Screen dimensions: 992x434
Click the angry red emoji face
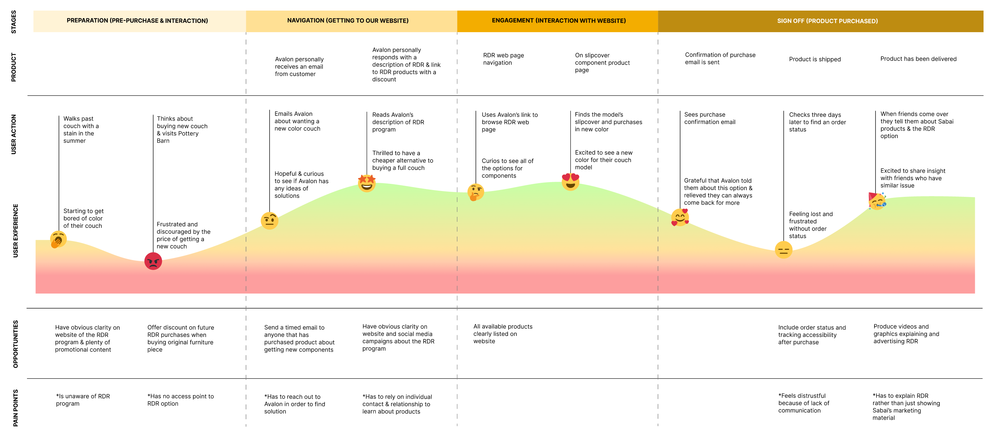(153, 261)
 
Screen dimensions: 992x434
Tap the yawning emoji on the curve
(58, 240)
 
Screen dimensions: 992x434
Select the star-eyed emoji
(367, 183)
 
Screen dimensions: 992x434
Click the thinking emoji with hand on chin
(476, 192)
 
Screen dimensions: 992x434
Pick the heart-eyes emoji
(570, 182)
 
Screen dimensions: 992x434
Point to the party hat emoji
(877, 201)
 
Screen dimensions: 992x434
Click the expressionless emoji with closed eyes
(783, 250)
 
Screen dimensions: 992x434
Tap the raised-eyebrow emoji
(269, 221)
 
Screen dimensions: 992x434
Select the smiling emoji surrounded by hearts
(680, 217)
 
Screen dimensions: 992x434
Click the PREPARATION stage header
(137, 21)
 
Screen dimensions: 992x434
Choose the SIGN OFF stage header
(827, 21)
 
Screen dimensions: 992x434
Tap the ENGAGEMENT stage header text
(559, 21)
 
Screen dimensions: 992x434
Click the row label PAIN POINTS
(15, 408)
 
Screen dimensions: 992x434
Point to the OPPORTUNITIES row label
(15, 344)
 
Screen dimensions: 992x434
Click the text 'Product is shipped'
(815, 59)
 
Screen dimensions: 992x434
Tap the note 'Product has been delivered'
(918, 59)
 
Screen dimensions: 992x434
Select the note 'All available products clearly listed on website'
(502, 334)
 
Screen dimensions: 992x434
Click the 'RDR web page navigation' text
(503, 59)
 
